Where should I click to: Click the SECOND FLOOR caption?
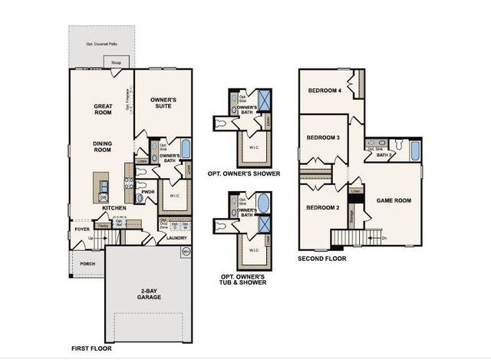[x=321, y=259]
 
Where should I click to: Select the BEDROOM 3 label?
[x=323, y=137]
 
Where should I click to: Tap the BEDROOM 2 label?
[x=323, y=207]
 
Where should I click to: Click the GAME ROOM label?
[x=394, y=200]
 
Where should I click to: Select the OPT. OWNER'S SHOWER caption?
[x=244, y=174]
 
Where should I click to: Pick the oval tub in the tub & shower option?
[x=262, y=205]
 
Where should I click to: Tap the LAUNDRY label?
[x=176, y=238]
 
